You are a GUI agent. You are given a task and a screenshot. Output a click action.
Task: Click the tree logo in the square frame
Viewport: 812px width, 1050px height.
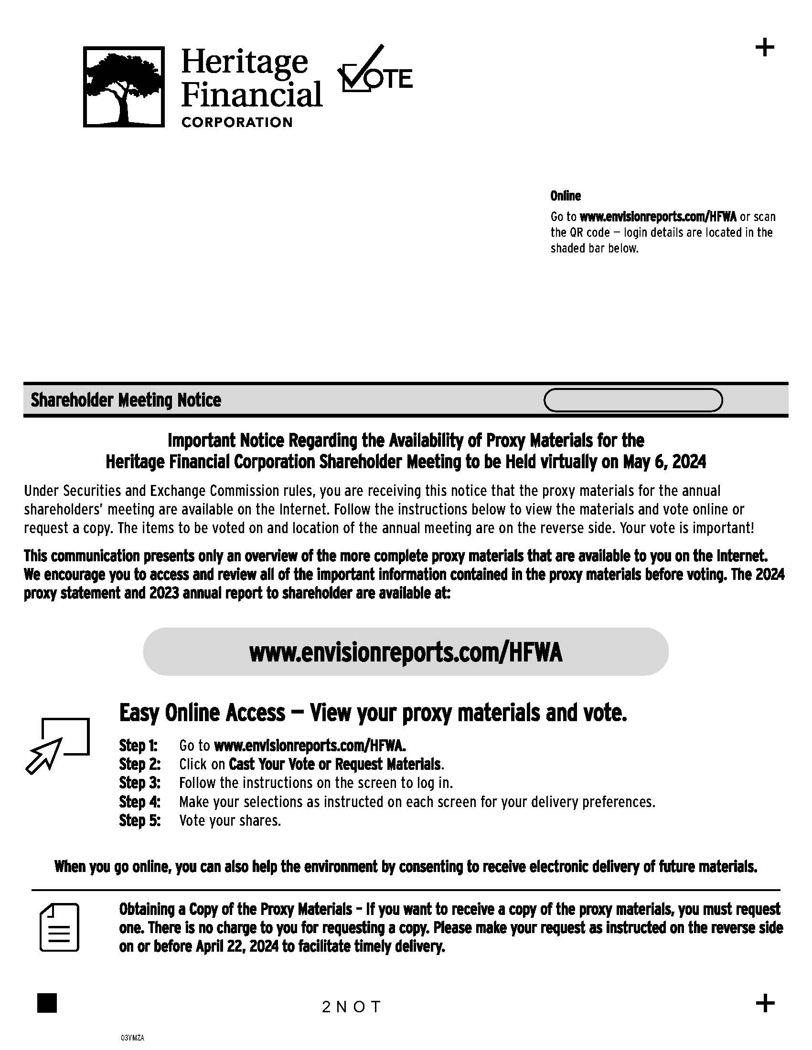124,86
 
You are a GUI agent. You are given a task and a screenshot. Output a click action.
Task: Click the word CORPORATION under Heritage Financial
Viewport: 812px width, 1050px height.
236,122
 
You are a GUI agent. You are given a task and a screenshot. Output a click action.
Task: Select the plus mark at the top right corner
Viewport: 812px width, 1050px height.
764,48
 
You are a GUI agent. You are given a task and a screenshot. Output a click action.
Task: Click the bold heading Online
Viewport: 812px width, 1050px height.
565,196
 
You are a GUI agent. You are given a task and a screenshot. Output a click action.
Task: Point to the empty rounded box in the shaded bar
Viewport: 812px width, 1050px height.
632,400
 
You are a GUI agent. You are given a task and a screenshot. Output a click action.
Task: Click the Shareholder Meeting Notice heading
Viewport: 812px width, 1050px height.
126,400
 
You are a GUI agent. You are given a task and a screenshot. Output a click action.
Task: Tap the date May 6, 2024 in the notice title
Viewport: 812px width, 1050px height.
664,462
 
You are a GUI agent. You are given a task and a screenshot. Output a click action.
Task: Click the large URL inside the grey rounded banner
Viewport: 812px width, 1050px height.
406,652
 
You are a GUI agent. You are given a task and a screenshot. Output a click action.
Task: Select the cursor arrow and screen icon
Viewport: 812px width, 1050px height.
58,745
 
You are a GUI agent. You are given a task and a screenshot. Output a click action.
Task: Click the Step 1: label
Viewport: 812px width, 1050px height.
139,745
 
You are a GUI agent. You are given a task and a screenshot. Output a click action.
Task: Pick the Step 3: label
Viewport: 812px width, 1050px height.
139,783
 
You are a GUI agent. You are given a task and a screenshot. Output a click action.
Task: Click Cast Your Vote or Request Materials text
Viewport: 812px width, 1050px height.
335,764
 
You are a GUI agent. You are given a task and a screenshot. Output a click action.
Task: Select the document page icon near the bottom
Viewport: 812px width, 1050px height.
59,927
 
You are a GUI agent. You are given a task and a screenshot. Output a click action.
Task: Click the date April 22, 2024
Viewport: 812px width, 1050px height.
237,946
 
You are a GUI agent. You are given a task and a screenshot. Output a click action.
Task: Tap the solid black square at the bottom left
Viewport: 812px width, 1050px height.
47,1003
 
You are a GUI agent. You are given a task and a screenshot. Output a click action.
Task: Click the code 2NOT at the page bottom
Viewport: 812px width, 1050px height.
352,1007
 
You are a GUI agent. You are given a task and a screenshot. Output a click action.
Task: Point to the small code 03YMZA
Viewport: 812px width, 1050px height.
132,1038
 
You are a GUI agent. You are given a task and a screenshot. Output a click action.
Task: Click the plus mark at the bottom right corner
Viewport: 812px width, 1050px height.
765,1003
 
